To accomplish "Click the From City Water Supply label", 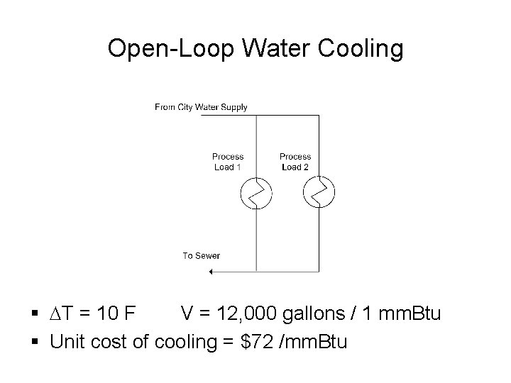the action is tap(201, 108).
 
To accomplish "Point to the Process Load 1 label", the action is tap(228, 162).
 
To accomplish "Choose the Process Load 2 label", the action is tap(295, 162).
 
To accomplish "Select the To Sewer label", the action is tap(202, 256).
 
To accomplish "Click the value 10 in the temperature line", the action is tap(118, 313).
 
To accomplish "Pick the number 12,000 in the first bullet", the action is tap(251, 313).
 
